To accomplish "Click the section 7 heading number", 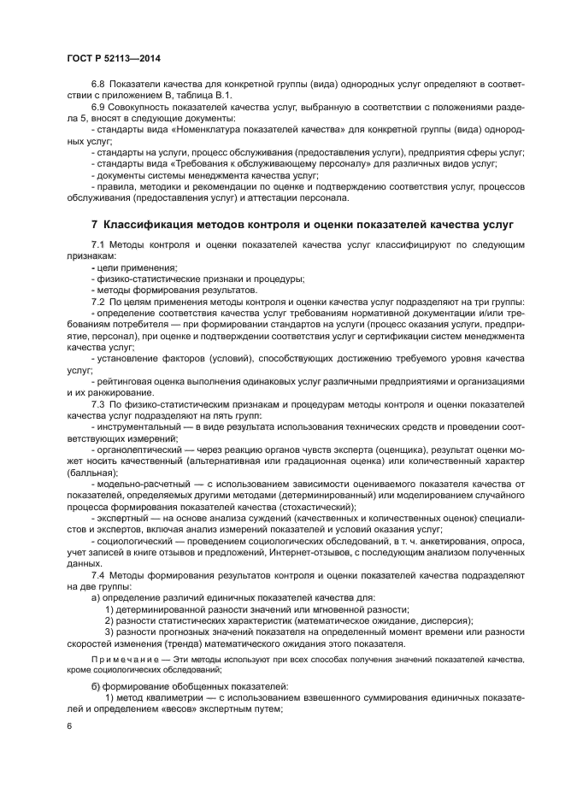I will coord(95,225).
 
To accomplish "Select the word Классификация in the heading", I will coord(146,225).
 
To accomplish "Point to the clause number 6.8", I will coord(97,82).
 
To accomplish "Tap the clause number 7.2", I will coord(97,302).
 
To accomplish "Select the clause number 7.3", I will coord(97,402).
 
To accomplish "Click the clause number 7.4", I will coord(97,578).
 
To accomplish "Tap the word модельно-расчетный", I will coord(138,483).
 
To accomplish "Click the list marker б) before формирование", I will coord(95,686).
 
